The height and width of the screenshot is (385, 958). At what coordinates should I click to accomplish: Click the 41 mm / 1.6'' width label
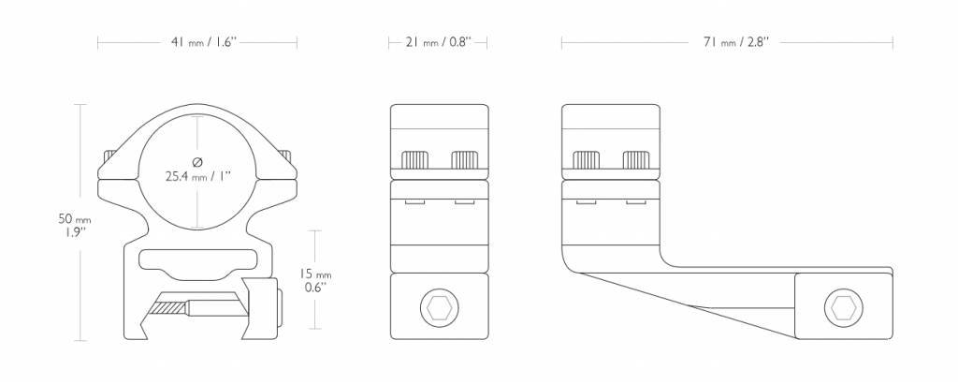pos(197,42)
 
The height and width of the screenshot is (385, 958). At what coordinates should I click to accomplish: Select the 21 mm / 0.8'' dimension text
pos(438,42)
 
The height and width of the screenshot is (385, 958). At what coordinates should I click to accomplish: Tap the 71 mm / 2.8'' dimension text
pos(727,42)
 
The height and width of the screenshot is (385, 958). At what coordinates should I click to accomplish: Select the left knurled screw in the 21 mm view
pos(414,160)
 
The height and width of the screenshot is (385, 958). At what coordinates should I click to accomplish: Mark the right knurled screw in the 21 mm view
pos(464,160)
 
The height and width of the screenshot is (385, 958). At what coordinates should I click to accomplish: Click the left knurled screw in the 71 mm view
pos(587,160)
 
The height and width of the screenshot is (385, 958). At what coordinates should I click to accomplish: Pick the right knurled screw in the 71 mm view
pos(636,160)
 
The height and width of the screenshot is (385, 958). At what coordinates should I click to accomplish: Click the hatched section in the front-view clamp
pos(170,306)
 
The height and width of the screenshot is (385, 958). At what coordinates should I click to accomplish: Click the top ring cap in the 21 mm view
pos(438,126)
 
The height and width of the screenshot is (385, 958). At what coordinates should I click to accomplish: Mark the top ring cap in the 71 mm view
pos(611,126)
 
